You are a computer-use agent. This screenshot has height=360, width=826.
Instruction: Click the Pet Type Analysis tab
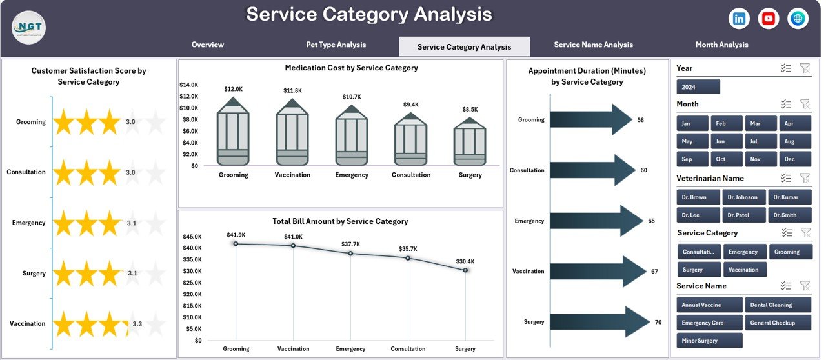click(336, 45)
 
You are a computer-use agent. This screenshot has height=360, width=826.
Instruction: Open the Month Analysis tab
click(721, 45)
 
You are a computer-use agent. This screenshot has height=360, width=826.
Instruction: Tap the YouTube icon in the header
click(768, 19)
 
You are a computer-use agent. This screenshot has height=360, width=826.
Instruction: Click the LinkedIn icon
click(739, 19)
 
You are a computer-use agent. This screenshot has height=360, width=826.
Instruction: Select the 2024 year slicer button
click(698, 86)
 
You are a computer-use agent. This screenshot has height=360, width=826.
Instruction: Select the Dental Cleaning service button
click(778, 305)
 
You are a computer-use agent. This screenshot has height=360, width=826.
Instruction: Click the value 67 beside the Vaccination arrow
click(654, 272)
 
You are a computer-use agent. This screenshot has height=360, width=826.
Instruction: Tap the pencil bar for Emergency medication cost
click(352, 137)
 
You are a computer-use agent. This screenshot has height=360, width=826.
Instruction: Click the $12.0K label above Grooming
click(234, 89)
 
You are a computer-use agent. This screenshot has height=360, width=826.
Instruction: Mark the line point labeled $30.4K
click(465, 270)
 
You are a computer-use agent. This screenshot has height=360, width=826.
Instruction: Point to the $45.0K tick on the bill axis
click(193, 237)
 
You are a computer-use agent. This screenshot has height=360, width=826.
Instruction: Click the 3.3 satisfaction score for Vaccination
click(137, 324)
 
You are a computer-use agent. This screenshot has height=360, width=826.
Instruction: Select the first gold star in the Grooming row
click(64, 122)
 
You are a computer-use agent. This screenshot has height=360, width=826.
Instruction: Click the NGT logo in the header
click(29, 28)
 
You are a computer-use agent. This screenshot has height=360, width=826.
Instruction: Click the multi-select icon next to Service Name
click(785, 286)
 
